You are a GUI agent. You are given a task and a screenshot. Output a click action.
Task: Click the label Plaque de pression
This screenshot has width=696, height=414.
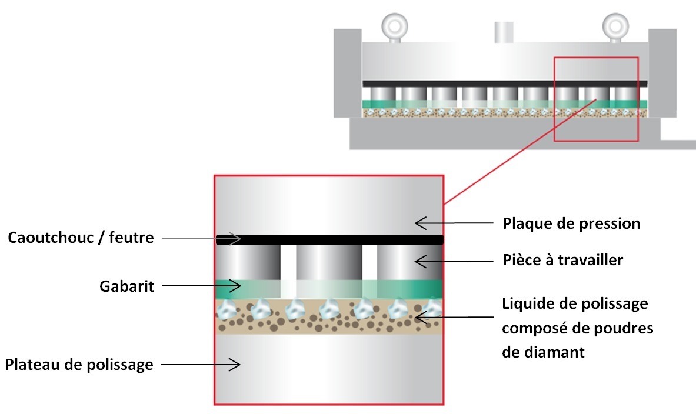click(x=571, y=223)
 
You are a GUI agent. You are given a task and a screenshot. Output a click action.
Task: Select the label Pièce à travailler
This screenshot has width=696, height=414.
click(x=562, y=259)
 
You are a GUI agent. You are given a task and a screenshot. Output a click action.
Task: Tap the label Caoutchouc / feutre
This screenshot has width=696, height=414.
click(x=81, y=238)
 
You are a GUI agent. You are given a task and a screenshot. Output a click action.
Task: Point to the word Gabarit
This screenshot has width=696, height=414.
click(x=126, y=286)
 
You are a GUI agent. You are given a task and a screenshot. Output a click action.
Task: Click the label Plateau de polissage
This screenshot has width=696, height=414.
click(x=79, y=365)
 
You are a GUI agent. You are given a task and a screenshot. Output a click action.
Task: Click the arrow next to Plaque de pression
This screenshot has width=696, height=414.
click(x=453, y=223)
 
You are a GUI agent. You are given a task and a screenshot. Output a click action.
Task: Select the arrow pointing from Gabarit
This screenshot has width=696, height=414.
click(x=201, y=286)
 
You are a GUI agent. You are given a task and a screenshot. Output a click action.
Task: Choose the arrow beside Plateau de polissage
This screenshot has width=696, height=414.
click(x=201, y=365)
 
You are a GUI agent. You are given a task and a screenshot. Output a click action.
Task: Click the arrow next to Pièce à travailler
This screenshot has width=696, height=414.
click(x=453, y=259)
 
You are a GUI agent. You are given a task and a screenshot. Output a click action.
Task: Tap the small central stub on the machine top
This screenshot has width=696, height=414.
click(x=503, y=32)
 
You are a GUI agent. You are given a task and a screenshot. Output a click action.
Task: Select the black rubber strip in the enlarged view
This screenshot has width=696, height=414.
click(x=329, y=239)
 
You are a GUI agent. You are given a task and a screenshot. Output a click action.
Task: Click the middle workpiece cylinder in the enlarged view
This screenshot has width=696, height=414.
click(x=329, y=262)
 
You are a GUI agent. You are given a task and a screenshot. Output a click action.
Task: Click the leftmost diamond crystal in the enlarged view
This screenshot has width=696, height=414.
click(x=225, y=309)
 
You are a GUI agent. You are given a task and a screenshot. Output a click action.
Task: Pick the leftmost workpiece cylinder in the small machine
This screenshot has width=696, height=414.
click(x=379, y=94)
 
